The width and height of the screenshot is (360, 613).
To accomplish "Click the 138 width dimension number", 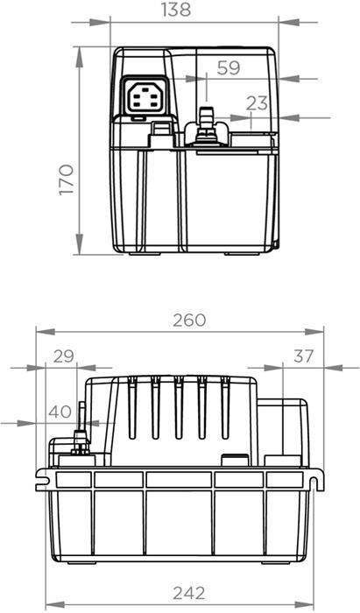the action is (x=176, y=10).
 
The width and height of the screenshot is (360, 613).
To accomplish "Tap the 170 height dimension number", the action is (x=67, y=180).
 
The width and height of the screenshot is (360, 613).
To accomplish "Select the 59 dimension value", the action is (x=229, y=67).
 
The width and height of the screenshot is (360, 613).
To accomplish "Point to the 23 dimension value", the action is (x=257, y=103).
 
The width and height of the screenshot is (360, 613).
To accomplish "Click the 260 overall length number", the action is (x=189, y=321).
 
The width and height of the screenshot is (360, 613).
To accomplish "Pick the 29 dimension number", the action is (x=64, y=356).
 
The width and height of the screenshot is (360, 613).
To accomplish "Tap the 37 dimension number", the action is (x=303, y=356).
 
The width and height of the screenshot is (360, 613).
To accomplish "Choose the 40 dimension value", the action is (x=60, y=412).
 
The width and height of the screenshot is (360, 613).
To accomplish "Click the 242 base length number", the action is (x=189, y=593).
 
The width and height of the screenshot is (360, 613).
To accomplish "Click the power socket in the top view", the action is (x=145, y=97).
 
